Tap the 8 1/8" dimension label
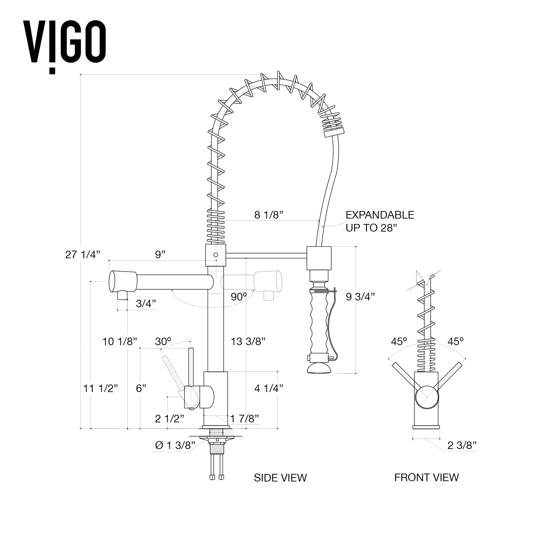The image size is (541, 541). pyautogui.click(x=269, y=215)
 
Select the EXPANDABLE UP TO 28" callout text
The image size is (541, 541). pyautogui.click(x=379, y=221)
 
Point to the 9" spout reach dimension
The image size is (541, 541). pyautogui.click(x=160, y=255)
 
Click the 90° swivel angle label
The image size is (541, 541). pyautogui.click(x=239, y=296)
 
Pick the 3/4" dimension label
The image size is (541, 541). pyautogui.click(x=146, y=304)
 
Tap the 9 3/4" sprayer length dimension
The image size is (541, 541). pyautogui.click(x=360, y=296)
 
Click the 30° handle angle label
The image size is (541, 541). pyautogui.click(x=163, y=341)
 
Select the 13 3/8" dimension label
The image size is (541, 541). pyautogui.click(x=248, y=341)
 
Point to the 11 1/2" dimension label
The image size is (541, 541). pyautogui.click(x=101, y=388)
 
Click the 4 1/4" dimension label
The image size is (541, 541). pyautogui.click(x=268, y=388)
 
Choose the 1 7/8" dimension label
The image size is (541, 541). pyautogui.click(x=245, y=418)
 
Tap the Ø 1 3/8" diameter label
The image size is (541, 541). pyautogui.click(x=175, y=445)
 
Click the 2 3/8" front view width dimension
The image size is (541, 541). pyautogui.click(x=462, y=445)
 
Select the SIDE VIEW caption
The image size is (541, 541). pyautogui.click(x=280, y=478)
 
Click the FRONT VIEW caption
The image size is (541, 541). pyautogui.click(x=426, y=478)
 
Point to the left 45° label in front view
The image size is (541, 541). pyautogui.click(x=399, y=341)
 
